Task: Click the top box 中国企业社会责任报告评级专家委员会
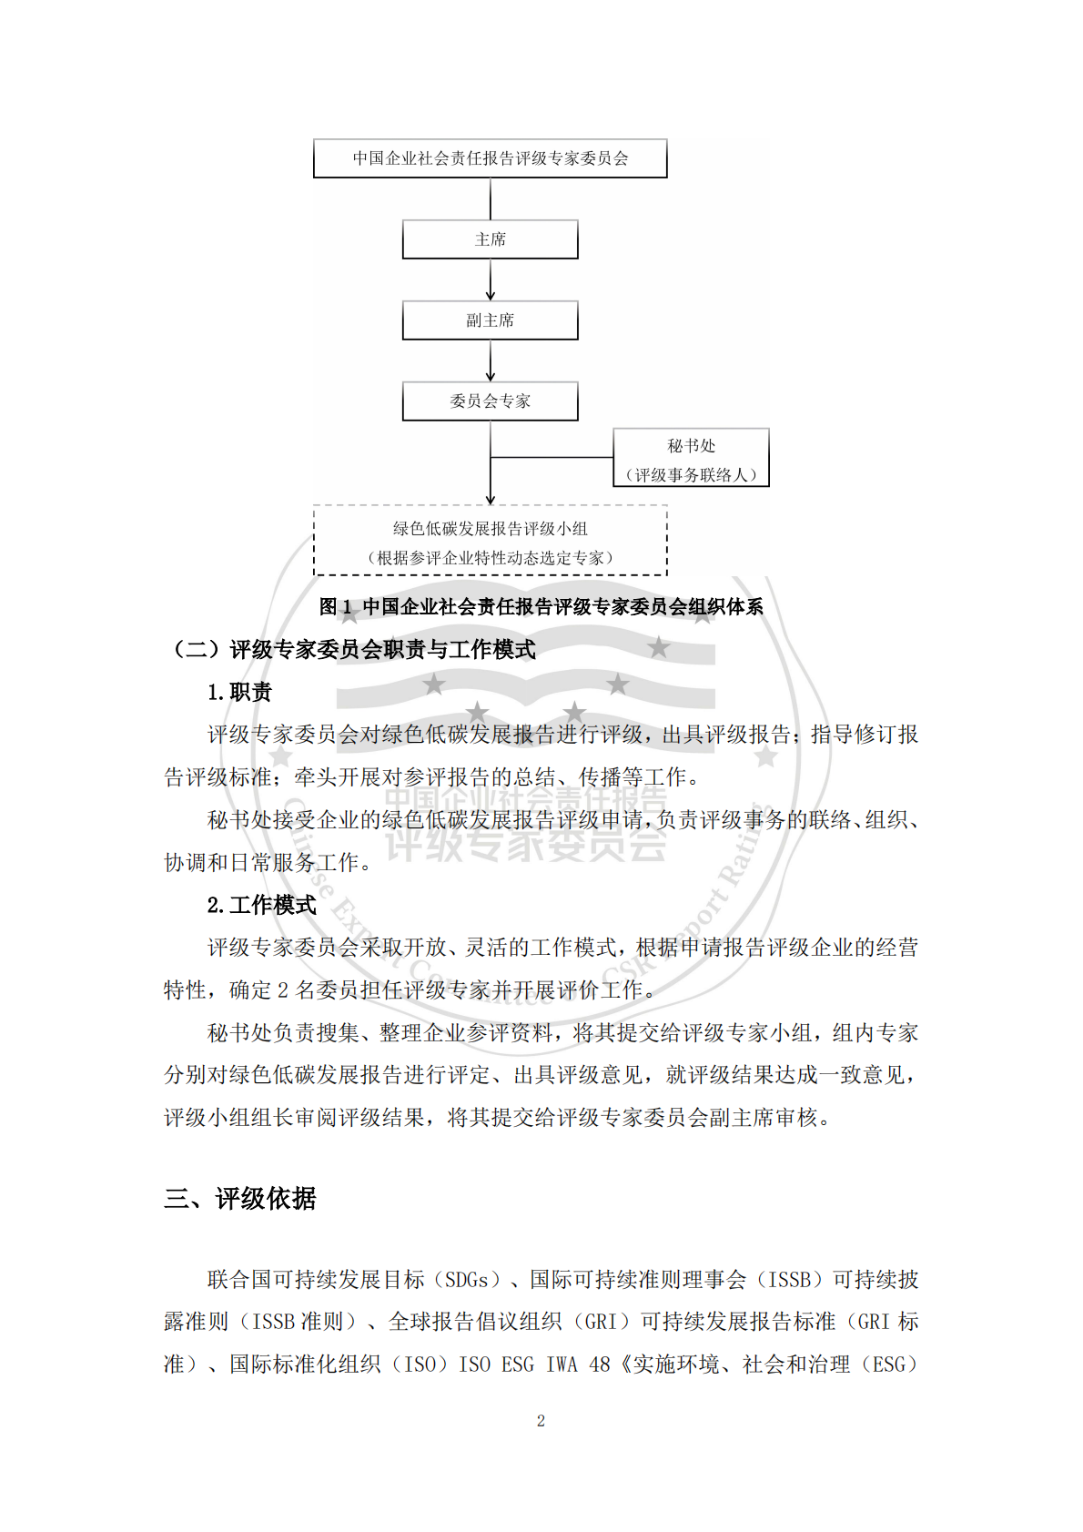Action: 490,158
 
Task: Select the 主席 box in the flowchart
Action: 490,239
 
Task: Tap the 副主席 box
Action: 490,320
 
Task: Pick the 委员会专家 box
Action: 490,401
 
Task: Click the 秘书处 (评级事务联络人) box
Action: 691,458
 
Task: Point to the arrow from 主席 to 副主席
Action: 491,280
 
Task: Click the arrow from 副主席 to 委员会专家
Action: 491,361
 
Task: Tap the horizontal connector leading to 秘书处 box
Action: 552,457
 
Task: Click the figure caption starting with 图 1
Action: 541,607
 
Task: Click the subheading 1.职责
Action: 239,693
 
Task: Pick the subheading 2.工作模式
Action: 261,906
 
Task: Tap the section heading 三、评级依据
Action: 240,1199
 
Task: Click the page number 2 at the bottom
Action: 541,1421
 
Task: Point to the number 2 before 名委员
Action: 283,990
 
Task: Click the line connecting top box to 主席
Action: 491,198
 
